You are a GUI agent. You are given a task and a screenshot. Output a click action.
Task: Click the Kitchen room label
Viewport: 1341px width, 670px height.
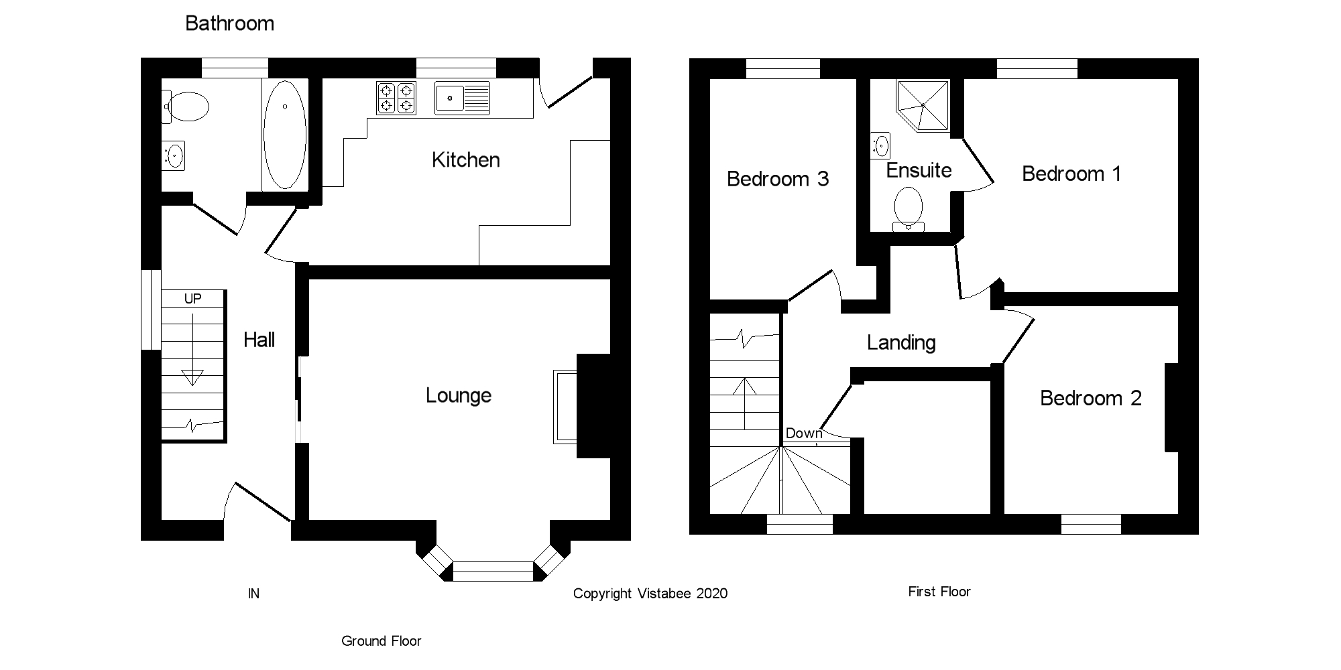465,160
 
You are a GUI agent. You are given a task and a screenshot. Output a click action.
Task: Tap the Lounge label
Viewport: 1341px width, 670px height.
459,395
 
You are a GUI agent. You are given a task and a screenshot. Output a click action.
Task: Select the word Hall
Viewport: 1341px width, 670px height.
259,340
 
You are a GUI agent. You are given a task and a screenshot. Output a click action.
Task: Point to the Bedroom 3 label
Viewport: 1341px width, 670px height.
778,179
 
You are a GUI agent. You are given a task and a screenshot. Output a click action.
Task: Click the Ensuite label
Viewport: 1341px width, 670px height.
919,170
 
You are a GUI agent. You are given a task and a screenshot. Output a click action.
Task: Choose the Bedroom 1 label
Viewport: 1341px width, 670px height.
1071,174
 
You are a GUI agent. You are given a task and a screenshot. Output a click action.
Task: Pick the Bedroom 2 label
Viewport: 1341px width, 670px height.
1090,399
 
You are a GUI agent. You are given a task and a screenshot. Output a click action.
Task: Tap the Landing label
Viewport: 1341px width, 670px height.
900,343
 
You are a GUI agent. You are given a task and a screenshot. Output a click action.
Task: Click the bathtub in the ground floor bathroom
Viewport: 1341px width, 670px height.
285,135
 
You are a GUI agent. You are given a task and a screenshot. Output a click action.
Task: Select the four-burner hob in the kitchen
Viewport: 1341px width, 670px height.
396,98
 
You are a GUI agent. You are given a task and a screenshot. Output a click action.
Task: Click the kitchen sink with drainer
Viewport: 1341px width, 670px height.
462,98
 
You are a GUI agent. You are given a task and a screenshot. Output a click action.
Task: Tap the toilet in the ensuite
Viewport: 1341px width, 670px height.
909,207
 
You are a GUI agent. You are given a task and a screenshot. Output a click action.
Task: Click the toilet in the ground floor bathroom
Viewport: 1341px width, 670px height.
186,107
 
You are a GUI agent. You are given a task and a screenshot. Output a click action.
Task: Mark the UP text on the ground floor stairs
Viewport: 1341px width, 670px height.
192,299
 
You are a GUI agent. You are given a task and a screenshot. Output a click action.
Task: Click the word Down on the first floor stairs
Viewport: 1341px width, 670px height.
803,433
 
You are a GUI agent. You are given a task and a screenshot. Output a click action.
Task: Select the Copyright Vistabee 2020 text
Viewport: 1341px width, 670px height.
650,594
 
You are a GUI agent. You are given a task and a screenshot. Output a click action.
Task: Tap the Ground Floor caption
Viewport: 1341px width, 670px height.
381,641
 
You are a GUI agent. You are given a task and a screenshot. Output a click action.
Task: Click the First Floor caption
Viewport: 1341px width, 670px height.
939,592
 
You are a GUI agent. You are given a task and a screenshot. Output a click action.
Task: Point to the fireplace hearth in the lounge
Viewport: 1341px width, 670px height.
565,406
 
